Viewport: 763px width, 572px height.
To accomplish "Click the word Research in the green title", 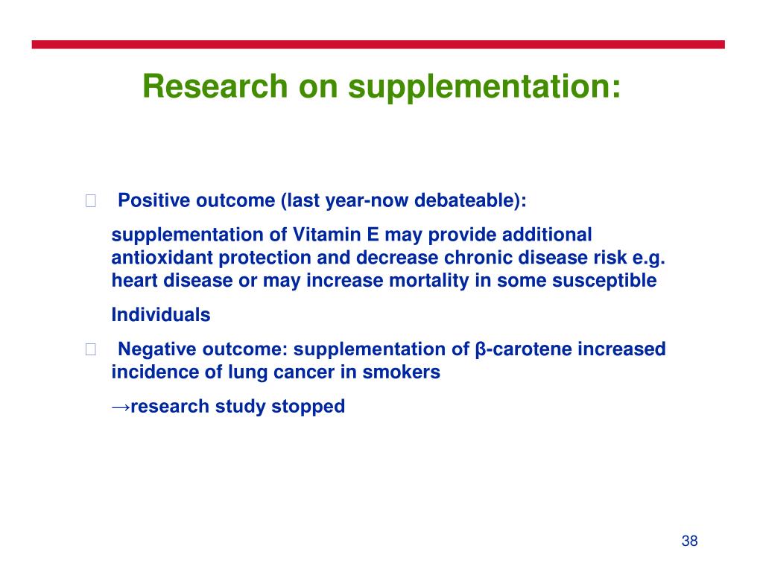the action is click(215, 86).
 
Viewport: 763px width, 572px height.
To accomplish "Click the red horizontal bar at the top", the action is click(378, 44).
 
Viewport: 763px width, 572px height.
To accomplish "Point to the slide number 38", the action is click(689, 541).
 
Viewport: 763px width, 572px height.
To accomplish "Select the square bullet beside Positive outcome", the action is click(90, 200).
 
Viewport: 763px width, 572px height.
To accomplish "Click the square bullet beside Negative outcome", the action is click(90, 349).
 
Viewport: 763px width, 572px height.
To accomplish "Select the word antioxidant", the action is click(162, 257).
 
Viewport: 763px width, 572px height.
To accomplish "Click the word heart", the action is click(135, 280).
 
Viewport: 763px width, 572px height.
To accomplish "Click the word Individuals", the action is click(161, 315).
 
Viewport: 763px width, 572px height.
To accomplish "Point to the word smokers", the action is click(402, 372).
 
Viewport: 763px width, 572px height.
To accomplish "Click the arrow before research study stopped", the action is click(121, 407).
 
